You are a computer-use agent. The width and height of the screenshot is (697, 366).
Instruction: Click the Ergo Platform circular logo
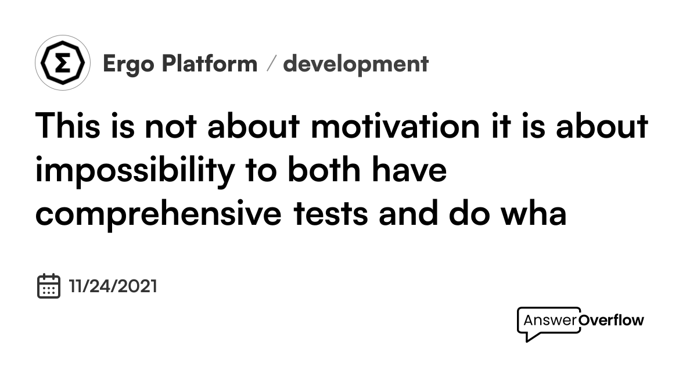pyautogui.click(x=63, y=63)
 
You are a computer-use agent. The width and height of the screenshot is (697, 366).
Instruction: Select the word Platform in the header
pyautogui.click(x=210, y=63)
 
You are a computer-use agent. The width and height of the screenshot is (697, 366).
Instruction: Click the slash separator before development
pyautogui.click(x=271, y=63)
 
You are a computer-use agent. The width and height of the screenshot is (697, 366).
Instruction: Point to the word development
pyautogui.click(x=355, y=64)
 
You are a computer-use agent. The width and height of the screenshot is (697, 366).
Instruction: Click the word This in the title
pyautogui.click(x=67, y=125)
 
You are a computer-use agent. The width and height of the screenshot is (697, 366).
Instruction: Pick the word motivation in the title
pyautogui.click(x=395, y=125)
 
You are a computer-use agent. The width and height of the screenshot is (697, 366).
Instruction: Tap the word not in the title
pyautogui.click(x=171, y=127)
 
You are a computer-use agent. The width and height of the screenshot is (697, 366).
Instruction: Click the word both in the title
pyautogui.click(x=324, y=169)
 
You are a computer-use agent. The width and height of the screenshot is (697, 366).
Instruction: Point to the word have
pyautogui.click(x=409, y=169)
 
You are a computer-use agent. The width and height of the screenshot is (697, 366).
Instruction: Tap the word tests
pyautogui.click(x=330, y=214)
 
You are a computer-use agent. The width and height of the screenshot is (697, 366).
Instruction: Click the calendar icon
pyautogui.click(x=49, y=286)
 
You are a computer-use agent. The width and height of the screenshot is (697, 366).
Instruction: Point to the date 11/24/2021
pyautogui.click(x=113, y=286)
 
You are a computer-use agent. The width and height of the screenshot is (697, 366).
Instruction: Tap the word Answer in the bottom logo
pyautogui.click(x=550, y=320)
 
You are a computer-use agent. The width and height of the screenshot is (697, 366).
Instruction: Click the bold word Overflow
pyautogui.click(x=611, y=320)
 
